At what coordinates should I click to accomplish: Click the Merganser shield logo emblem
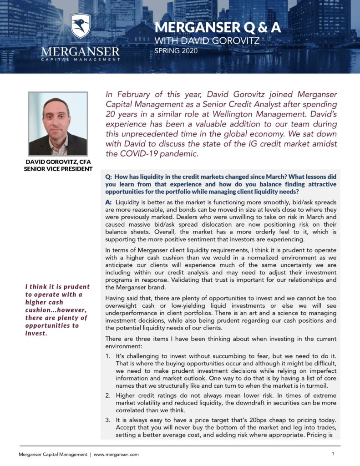click(81, 25)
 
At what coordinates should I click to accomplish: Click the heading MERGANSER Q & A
click(218, 28)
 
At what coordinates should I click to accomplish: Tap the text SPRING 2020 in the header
click(176, 51)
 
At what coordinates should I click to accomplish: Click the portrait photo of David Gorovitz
click(58, 124)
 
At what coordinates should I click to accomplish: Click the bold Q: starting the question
click(109, 176)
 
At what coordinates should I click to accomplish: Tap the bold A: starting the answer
click(109, 202)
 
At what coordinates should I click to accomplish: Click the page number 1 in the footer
click(333, 454)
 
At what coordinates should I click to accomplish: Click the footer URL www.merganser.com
click(116, 454)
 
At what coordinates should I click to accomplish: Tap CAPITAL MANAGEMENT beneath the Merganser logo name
click(81, 59)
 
